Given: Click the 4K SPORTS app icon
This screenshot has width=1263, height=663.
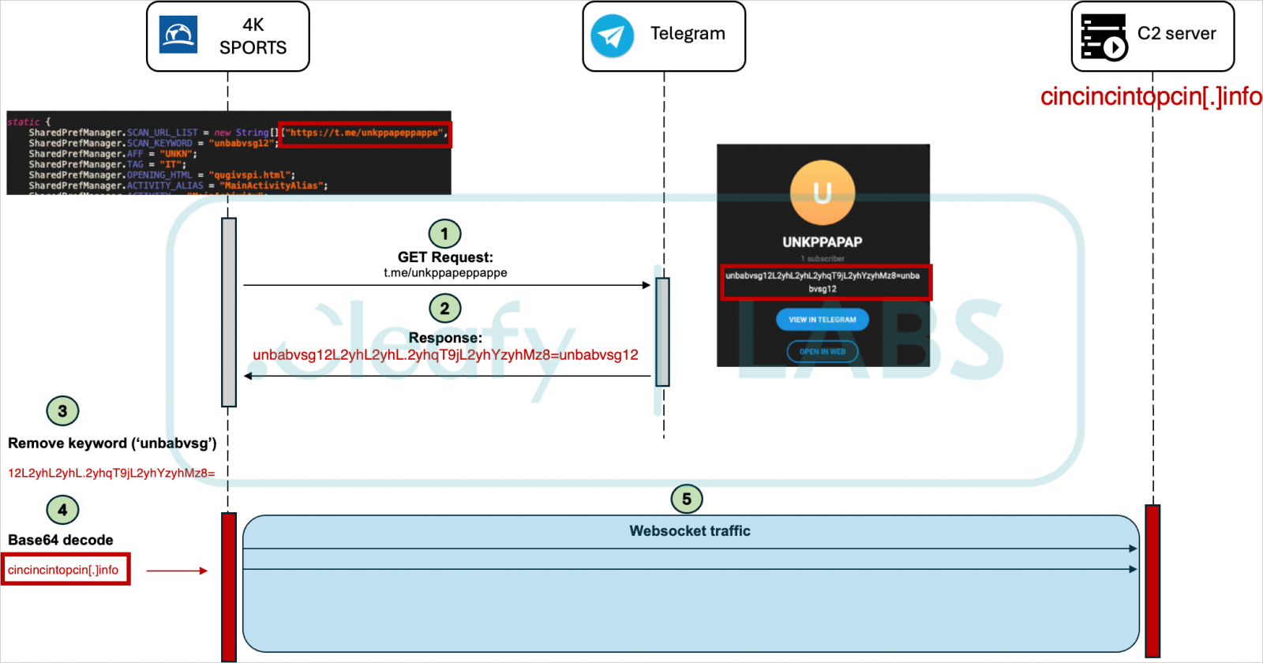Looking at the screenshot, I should click(178, 36).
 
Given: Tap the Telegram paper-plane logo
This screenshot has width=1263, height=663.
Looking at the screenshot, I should click(612, 36).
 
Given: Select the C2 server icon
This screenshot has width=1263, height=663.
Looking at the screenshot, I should click(1103, 36).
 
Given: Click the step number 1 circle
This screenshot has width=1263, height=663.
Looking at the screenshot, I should click(444, 234).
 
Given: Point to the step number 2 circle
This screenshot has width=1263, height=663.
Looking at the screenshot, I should click(444, 309).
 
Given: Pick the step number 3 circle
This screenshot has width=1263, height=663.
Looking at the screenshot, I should click(62, 410).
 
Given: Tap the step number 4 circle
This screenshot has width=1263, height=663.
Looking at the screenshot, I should click(62, 510).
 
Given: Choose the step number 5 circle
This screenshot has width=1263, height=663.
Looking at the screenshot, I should click(686, 499).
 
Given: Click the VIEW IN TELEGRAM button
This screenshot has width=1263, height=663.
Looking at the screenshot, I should click(822, 320).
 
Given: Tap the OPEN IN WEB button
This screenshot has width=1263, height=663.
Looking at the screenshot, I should click(822, 351).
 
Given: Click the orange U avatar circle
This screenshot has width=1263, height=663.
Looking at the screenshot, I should click(822, 193).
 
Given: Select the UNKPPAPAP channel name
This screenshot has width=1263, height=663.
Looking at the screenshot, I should click(822, 242).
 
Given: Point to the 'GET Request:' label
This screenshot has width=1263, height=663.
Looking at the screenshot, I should click(445, 257).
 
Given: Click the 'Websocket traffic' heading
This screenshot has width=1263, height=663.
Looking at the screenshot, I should click(690, 531).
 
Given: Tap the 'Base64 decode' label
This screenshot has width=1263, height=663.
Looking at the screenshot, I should click(61, 540).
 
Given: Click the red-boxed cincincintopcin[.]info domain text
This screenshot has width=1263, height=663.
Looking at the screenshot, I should click(64, 570).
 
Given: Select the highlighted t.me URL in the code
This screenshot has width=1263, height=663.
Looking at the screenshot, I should click(365, 133).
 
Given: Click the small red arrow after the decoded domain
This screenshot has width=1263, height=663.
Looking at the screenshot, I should click(177, 570).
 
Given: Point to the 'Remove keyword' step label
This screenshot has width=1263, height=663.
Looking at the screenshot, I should click(112, 444).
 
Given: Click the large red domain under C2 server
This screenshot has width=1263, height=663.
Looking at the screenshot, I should click(1150, 96).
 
